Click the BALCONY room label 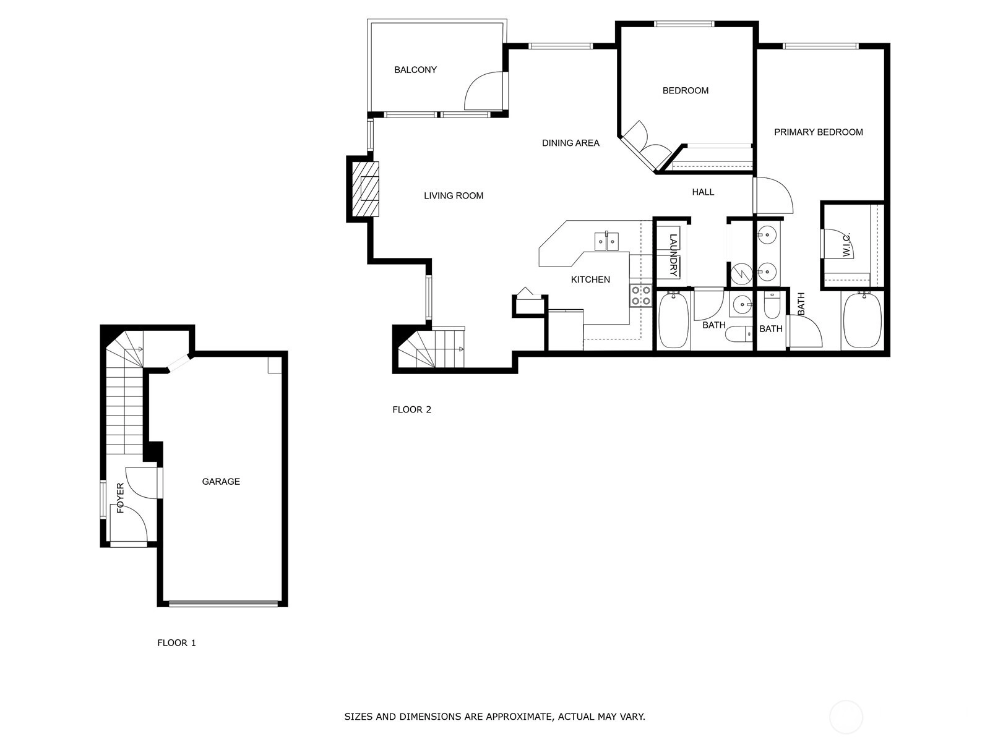click(415, 70)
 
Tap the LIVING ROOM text click(454, 195)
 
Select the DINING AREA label click(570, 143)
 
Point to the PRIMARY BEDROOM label click(818, 132)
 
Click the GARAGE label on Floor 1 click(220, 481)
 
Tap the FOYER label click(121, 498)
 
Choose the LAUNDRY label click(673, 255)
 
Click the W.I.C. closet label click(846, 245)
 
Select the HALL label click(703, 192)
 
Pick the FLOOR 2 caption click(411, 409)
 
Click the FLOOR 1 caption click(176, 643)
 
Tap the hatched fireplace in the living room click(365, 189)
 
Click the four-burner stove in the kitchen click(641, 296)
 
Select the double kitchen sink click(606, 241)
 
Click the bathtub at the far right click(862, 320)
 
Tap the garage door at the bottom click(223, 603)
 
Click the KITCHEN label click(590, 279)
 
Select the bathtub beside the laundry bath click(674, 320)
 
